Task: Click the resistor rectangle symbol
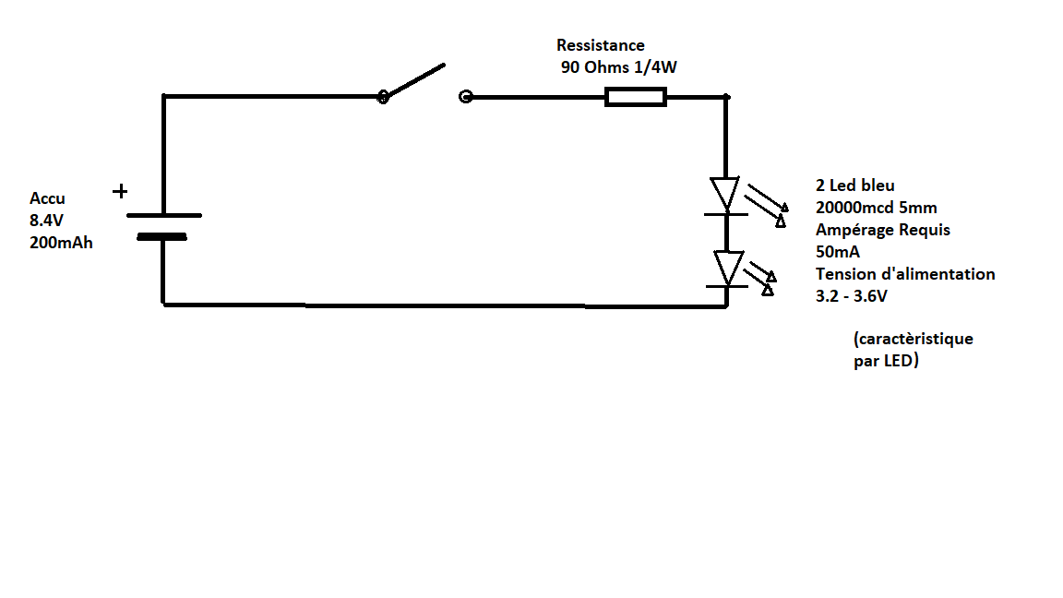pos(635,97)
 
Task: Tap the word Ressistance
pos(600,45)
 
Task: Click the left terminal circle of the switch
pos(383,96)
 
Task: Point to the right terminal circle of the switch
pos(465,96)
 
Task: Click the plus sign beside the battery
pos(120,192)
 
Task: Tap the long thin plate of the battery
pos(163,215)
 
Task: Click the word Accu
pos(47,198)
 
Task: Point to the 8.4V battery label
pos(48,221)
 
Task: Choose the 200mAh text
pos(61,244)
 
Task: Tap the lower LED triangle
pos(727,268)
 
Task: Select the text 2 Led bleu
pos(854,185)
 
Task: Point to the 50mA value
pos(838,252)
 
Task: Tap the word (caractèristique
pos(914,339)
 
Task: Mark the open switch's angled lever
pos(415,80)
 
